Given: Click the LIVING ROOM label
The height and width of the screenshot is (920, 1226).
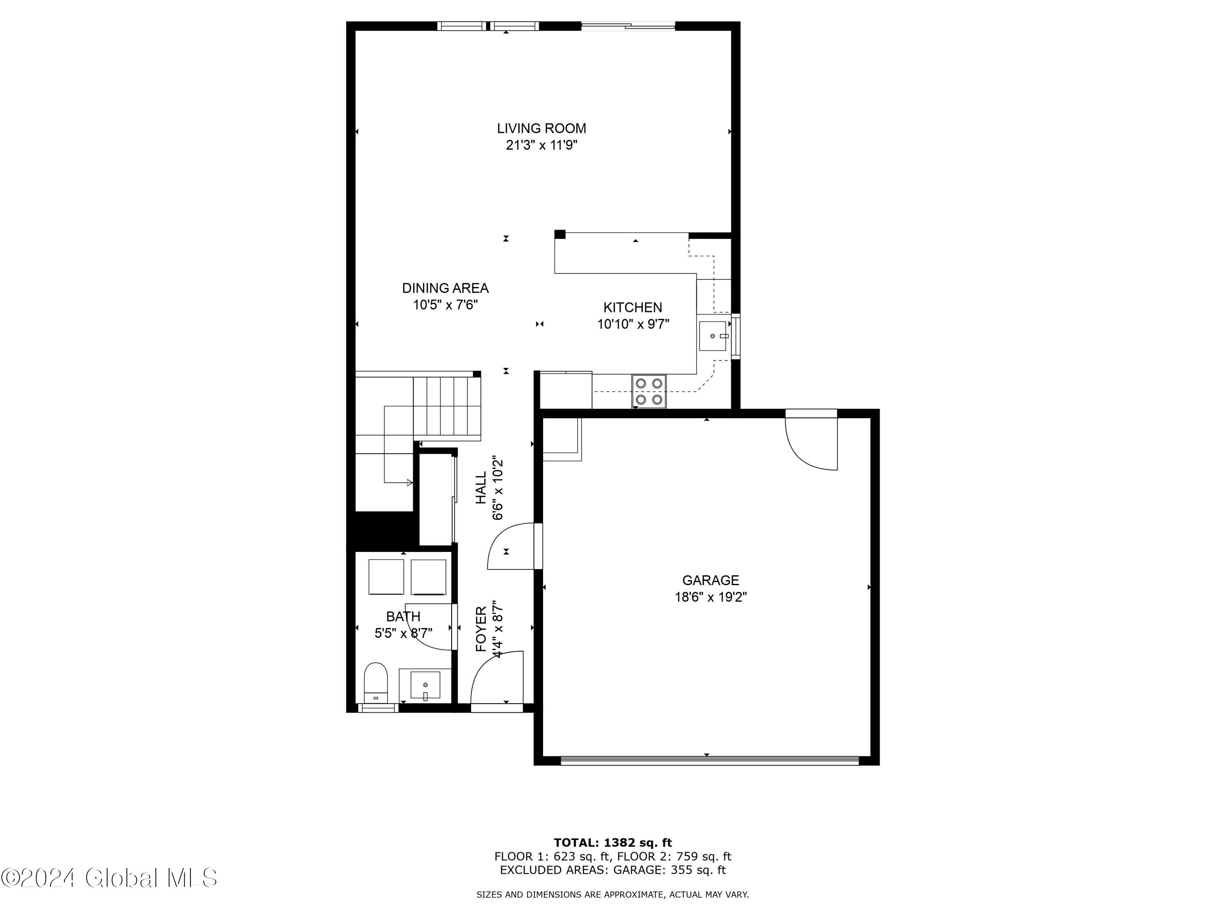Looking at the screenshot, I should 541,128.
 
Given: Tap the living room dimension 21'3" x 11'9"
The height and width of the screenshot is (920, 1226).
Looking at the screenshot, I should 541,145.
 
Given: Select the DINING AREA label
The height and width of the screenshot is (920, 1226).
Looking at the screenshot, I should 445,288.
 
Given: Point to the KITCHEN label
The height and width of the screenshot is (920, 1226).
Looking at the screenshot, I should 632,307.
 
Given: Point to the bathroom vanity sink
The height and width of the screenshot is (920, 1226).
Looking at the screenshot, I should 425,685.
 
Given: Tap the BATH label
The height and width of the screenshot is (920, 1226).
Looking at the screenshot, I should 403,616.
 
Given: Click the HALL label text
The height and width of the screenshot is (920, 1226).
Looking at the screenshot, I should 481,488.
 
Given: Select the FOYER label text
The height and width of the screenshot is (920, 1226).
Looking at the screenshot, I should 481,628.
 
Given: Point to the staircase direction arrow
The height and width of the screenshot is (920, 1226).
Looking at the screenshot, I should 409,483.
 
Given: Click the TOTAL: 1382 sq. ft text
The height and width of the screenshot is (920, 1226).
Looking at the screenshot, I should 613,843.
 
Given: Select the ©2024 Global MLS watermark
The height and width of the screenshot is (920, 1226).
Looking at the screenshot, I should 109,878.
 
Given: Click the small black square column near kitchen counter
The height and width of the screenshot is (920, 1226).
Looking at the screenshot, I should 560,234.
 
